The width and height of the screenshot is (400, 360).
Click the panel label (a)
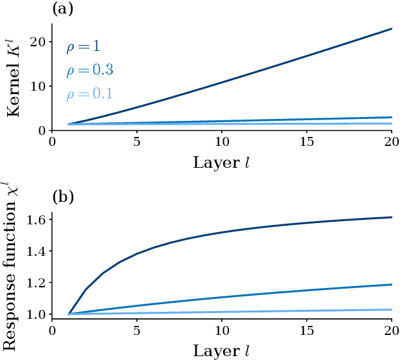[x=62, y=9]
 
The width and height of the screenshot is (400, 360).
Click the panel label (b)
[x=62, y=196]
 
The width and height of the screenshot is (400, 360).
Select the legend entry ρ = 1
[x=82, y=47]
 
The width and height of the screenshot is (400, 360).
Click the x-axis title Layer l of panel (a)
[x=221, y=163]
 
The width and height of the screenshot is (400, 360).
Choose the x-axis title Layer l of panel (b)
[x=221, y=351]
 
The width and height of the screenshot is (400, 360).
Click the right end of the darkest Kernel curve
[x=392, y=28]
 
